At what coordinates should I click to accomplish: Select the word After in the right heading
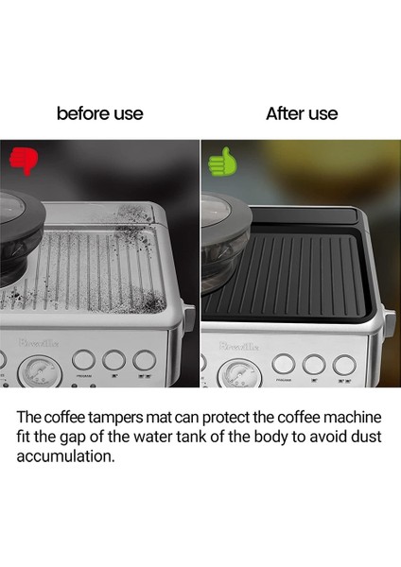click(x=285, y=113)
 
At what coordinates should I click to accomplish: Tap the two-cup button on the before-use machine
click(x=145, y=360)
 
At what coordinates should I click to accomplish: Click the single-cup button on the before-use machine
click(x=113, y=360)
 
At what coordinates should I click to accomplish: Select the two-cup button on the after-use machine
click(x=344, y=364)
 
